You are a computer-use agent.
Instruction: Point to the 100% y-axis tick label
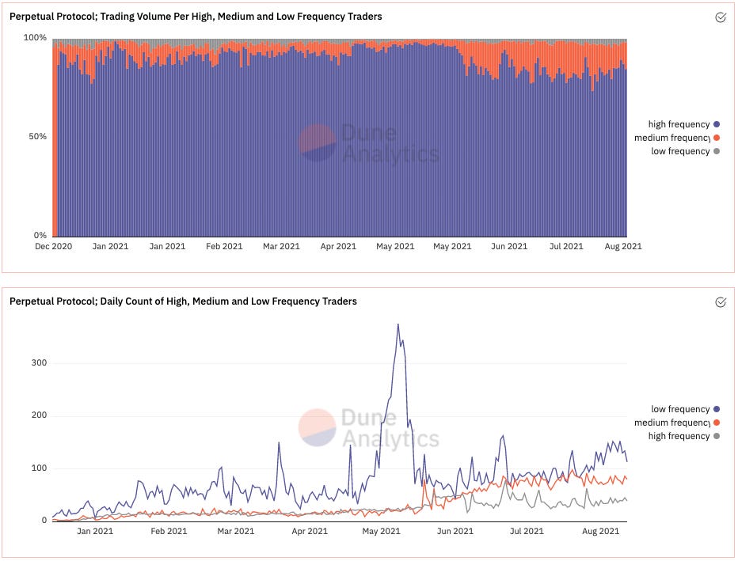[x=36, y=38]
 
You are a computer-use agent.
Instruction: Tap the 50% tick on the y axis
[x=38, y=137]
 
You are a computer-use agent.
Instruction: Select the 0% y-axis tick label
[x=40, y=236]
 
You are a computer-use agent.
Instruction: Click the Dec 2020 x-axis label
[x=53, y=246]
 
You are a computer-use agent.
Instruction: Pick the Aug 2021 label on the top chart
[x=623, y=246]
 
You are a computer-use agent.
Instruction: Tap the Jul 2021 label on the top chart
[x=566, y=246]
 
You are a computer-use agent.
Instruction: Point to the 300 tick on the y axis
[x=39, y=363]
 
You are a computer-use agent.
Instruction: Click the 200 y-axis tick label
[x=39, y=415]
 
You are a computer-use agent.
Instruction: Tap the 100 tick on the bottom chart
[x=39, y=468]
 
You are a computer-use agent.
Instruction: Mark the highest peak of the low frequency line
[x=398, y=324]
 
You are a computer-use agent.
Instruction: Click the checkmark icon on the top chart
[x=721, y=17]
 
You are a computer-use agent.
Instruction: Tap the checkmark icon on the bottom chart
[x=721, y=301]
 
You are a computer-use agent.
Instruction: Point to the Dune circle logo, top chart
[x=318, y=142]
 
